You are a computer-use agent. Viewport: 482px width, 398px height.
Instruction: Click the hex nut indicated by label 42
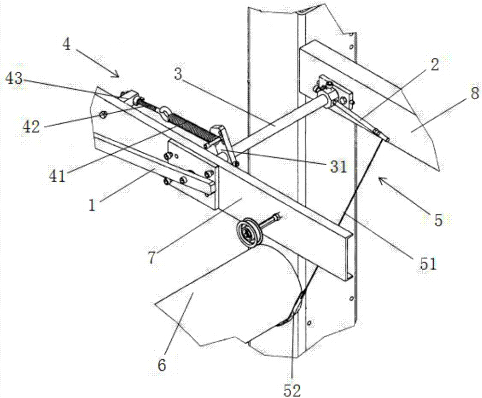pyautogui.click(x=103, y=114)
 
